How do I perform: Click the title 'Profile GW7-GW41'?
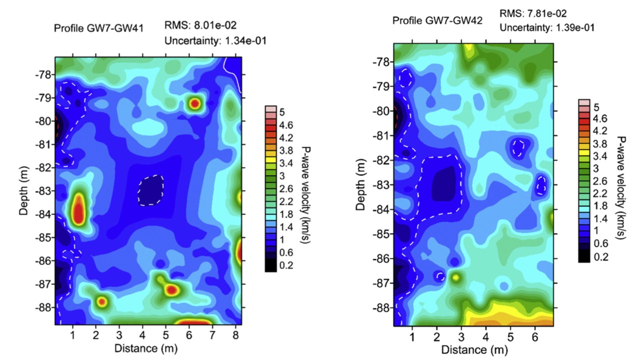(98, 28)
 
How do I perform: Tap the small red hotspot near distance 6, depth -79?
(194, 103)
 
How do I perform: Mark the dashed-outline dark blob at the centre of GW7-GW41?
(150, 190)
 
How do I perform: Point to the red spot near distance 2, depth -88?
(101, 301)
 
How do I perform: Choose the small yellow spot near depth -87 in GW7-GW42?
(456, 276)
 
